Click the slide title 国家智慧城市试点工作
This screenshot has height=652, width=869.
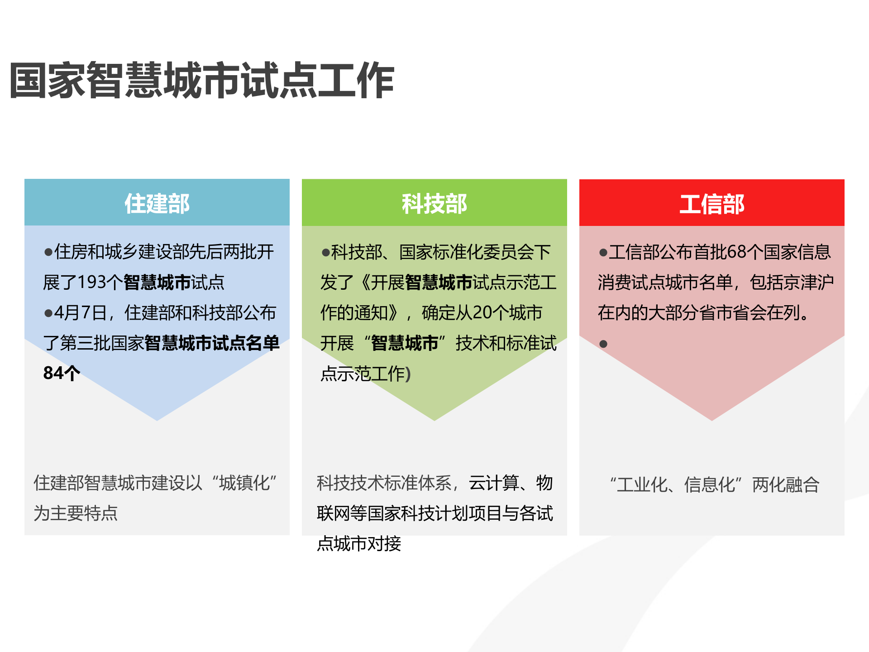point(202,81)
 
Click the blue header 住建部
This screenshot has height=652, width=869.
point(157,203)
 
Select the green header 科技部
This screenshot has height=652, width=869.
point(434,203)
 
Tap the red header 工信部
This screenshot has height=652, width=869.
point(711,204)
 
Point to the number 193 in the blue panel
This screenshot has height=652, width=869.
point(92,282)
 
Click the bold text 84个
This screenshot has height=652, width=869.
point(62,373)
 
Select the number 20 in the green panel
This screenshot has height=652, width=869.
point(482,313)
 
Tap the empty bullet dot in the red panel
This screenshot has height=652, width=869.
point(603,344)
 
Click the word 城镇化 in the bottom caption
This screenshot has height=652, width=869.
point(244,483)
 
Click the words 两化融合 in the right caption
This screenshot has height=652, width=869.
point(786,485)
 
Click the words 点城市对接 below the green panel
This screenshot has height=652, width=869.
point(359,544)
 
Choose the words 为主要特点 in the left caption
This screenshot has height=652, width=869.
point(76,513)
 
